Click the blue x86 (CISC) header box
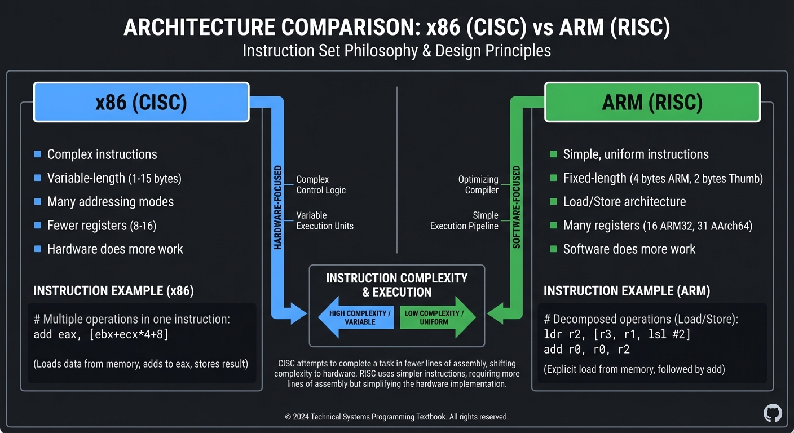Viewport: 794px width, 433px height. (141, 102)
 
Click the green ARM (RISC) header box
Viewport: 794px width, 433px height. (652, 102)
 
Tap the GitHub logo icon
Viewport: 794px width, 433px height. (773, 413)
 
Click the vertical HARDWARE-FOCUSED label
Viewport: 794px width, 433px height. (278, 207)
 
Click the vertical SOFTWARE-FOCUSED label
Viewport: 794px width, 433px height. (516, 207)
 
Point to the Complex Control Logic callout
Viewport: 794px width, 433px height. (321, 185)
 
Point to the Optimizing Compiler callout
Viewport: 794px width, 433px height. (478, 185)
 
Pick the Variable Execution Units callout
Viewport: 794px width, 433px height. (325, 220)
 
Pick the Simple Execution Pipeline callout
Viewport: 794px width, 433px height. (464, 220)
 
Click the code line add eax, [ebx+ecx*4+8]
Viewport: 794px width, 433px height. (101, 334)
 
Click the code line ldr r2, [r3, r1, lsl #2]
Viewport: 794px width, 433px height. (617, 334)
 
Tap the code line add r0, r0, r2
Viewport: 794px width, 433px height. (586, 350)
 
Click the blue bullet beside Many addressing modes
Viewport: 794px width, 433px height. (38, 201)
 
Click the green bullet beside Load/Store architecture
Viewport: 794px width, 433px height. (553, 201)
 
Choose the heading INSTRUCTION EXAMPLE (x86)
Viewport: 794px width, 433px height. (113, 291)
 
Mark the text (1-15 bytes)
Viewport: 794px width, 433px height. (155, 179)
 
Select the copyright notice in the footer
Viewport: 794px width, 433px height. (396, 417)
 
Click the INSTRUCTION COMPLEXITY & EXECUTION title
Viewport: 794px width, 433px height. (396, 285)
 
